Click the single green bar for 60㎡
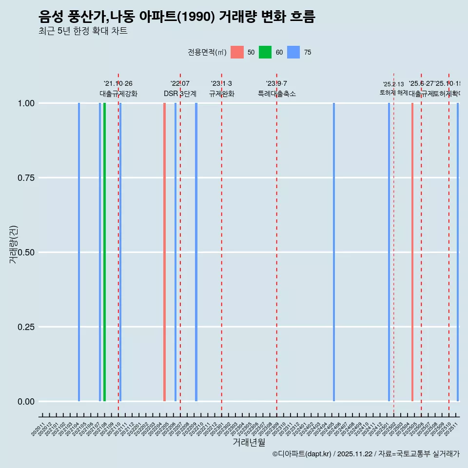[x=104, y=252]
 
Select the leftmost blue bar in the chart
[x=79, y=252]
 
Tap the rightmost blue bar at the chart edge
[x=458, y=252]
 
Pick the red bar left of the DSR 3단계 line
[x=165, y=252]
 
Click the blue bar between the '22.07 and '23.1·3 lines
[x=196, y=252]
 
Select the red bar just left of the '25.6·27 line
[x=412, y=252]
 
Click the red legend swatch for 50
[x=237, y=52]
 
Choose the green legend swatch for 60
[x=265, y=52]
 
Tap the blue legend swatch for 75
[x=293, y=52]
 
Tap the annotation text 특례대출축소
[x=277, y=94]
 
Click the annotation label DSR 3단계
[x=180, y=94]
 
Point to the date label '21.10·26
[x=118, y=84]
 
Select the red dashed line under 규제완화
[x=222, y=253]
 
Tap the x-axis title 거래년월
[x=249, y=443]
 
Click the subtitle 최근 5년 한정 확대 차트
[x=83, y=31]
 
